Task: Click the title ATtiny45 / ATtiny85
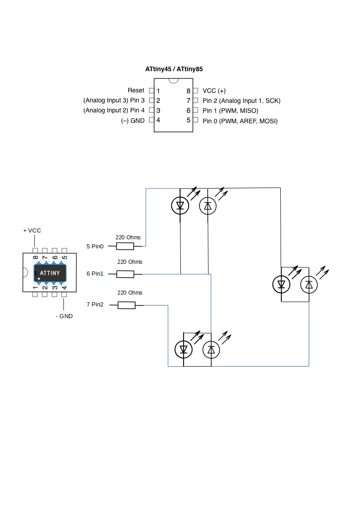[x=174, y=69]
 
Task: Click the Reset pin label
[x=136, y=91]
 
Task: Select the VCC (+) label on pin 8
[x=214, y=91]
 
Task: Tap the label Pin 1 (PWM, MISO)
[x=230, y=111]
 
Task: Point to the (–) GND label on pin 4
[x=133, y=121]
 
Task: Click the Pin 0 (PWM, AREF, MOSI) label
[x=240, y=121]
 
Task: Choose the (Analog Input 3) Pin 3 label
[x=114, y=101]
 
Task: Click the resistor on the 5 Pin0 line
[x=125, y=246]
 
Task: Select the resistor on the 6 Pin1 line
[x=126, y=274]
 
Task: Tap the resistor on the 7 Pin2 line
[x=126, y=305]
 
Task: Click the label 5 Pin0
[x=95, y=247]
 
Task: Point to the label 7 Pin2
[x=95, y=305]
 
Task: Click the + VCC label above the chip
[x=32, y=230]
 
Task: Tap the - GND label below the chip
[x=64, y=316]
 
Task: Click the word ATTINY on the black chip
[x=50, y=273]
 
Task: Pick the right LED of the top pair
[x=208, y=206]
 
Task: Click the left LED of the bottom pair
[x=183, y=349]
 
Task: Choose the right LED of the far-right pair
[x=309, y=285]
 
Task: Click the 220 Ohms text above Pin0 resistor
[x=128, y=238]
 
